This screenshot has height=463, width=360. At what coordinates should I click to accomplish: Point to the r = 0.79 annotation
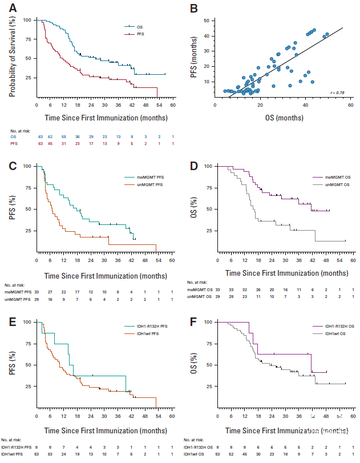click(x=339, y=92)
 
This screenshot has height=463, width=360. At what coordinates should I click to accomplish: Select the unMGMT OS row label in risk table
click(x=201, y=297)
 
